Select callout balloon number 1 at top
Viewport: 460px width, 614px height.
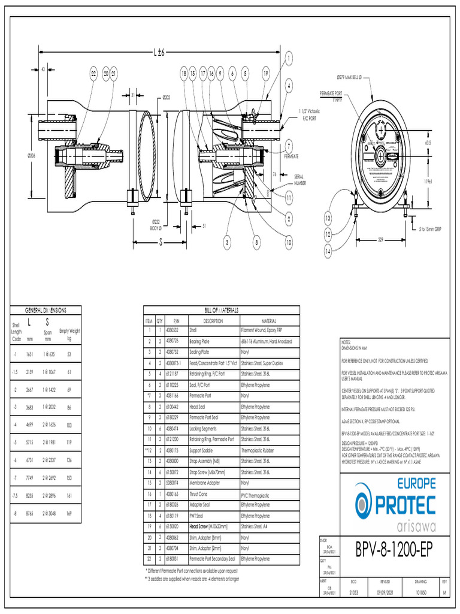pyautogui.click(x=289, y=58)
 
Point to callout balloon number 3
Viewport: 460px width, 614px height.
pyautogui.click(x=228, y=242)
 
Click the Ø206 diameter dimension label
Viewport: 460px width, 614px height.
pyautogui.click(x=31, y=155)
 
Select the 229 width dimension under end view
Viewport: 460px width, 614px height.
pyautogui.click(x=380, y=239)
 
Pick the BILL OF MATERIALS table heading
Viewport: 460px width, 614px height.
pyautogui.click(x=222, y=310)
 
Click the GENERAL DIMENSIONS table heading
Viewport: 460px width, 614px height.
pyautogui.click(x=46, y=310)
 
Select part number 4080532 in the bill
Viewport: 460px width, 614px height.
pyautogui.click(x=172, y=329)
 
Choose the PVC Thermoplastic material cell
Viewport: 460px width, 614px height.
pyautogui.click(x=258, y=496)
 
